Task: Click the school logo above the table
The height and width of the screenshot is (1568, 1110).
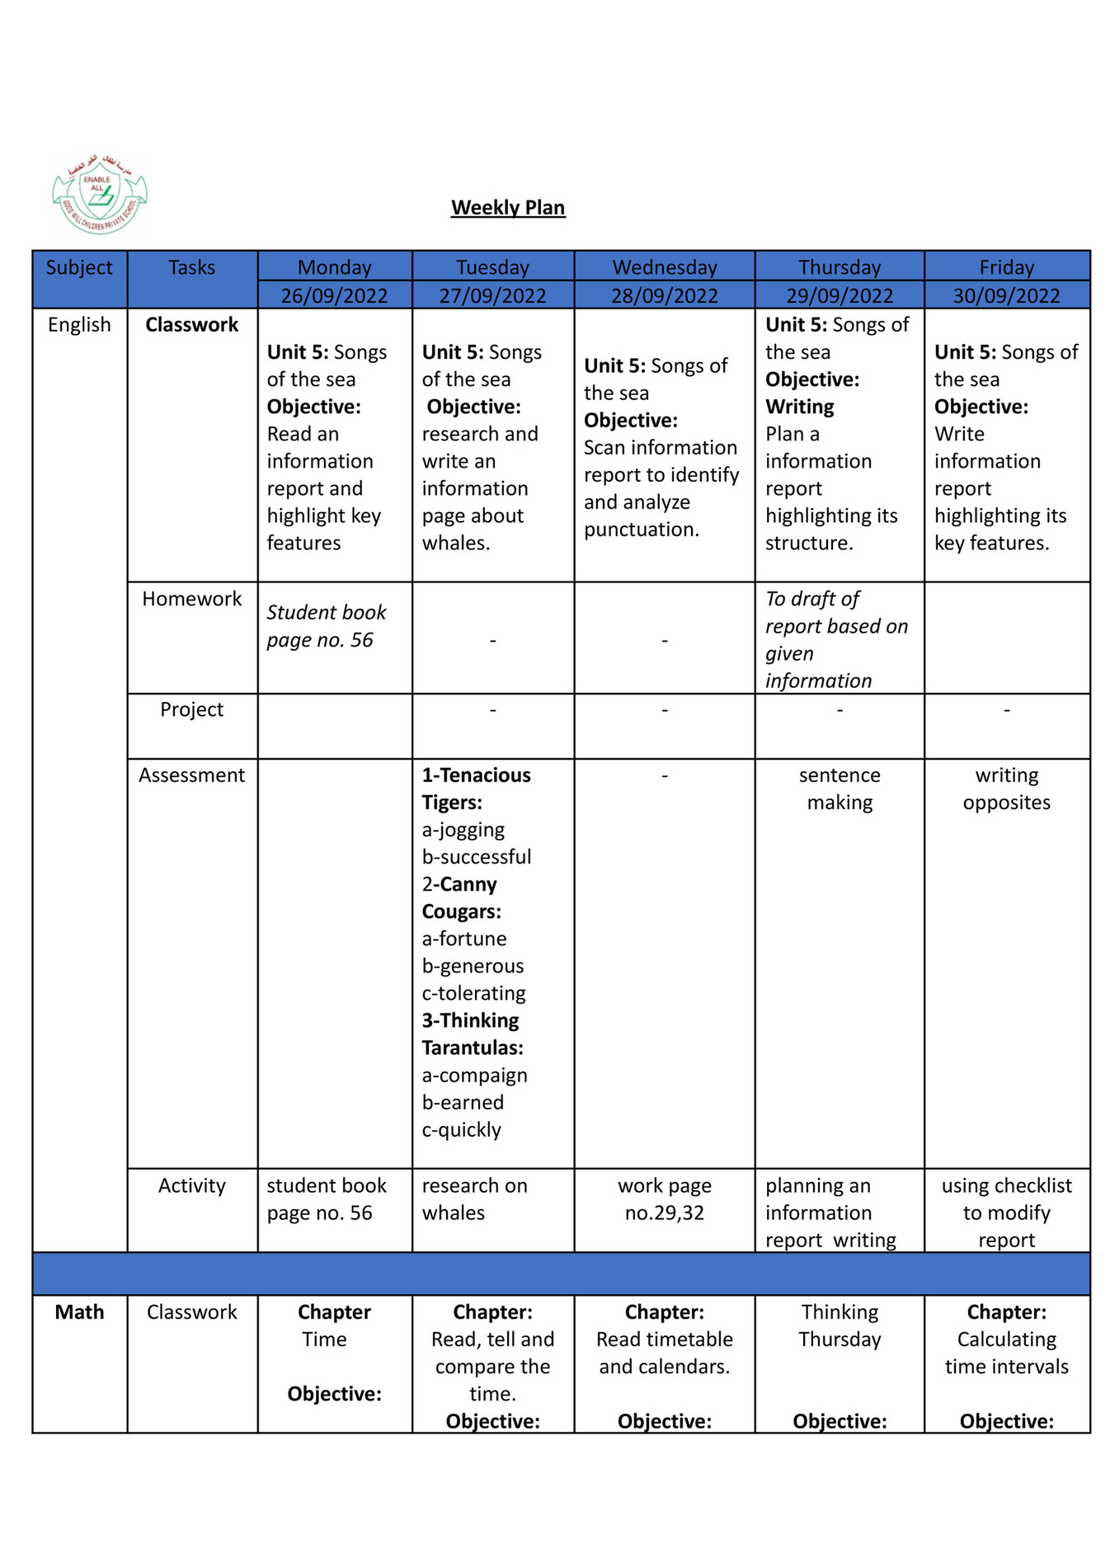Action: [99, 195]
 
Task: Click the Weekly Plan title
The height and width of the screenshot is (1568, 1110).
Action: [508, 208]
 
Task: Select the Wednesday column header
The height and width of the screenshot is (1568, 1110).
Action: [665, 267]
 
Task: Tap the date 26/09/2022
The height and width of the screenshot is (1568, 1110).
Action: [334, 295]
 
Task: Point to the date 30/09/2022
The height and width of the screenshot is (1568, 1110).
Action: [1006, 295]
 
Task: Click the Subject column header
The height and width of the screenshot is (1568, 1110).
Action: [79, 267]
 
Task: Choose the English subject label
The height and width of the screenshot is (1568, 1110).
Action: [79, 325]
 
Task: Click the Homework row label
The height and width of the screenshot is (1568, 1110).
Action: [191, 599]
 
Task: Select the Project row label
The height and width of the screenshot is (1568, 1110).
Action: [191, 709]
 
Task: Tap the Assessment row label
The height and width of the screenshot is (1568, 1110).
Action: [191, 775]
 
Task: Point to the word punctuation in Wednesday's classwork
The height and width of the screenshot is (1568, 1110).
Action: [641, 530]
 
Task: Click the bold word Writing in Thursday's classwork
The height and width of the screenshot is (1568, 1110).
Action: [799, 407]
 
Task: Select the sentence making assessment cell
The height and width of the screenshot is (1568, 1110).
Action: [840, 789]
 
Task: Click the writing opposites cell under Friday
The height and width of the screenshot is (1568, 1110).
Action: [1006, 789]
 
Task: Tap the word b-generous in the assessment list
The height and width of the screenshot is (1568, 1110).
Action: [473, 966]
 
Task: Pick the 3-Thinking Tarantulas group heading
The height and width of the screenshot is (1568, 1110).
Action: [472, 1034]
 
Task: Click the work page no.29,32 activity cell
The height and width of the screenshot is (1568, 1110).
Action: [665, 1199]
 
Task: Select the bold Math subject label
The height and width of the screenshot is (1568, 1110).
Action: [79, 1312]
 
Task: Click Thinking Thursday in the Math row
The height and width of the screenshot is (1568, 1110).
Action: [840, 1326]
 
